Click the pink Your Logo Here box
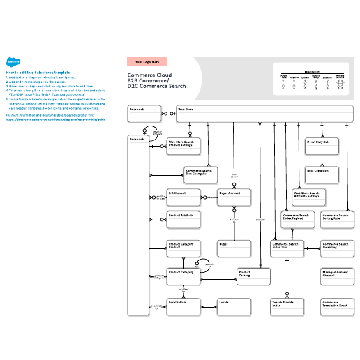pyautogui.click(x=147, y=61)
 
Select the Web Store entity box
pyautogui.click(x=264, y=114)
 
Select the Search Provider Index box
pyautogui.click(x=288, y=306)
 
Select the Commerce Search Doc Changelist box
pyautogui.click(x=202, y=174)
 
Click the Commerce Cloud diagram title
pyautogui.click(x=157, y=80)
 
